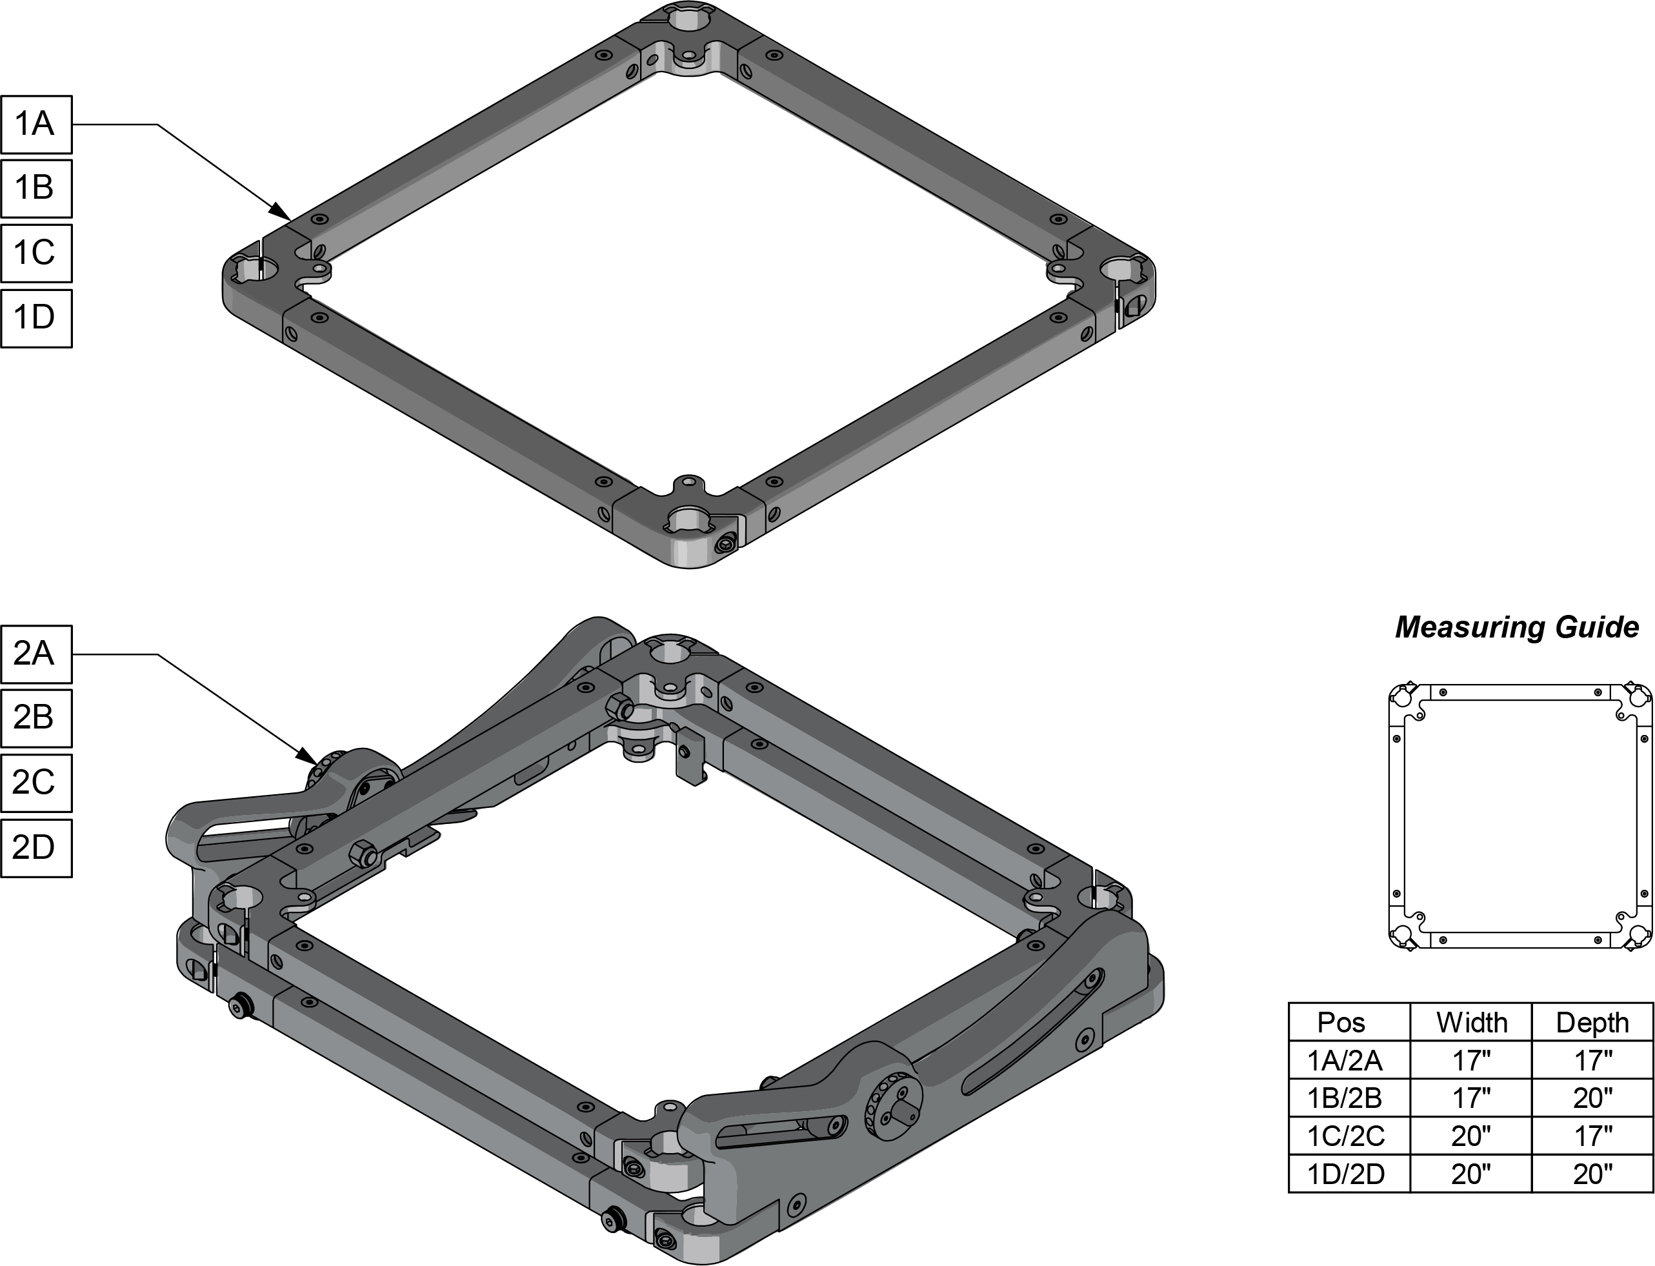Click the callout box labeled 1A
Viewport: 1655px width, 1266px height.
[36, 125]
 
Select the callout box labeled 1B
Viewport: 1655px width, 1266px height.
[36, 188]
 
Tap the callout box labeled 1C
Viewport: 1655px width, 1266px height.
[36, 253]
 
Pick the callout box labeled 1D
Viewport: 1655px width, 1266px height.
[36, 318]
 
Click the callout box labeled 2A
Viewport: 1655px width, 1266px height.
[36, 654]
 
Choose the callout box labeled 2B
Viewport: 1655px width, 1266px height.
[36, 718]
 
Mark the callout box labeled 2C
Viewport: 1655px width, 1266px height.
[36, 783]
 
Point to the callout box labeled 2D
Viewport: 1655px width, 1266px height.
[36, 848]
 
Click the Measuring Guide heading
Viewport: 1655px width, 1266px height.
[1516, 628]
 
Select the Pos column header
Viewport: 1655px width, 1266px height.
[1341, 1023]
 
